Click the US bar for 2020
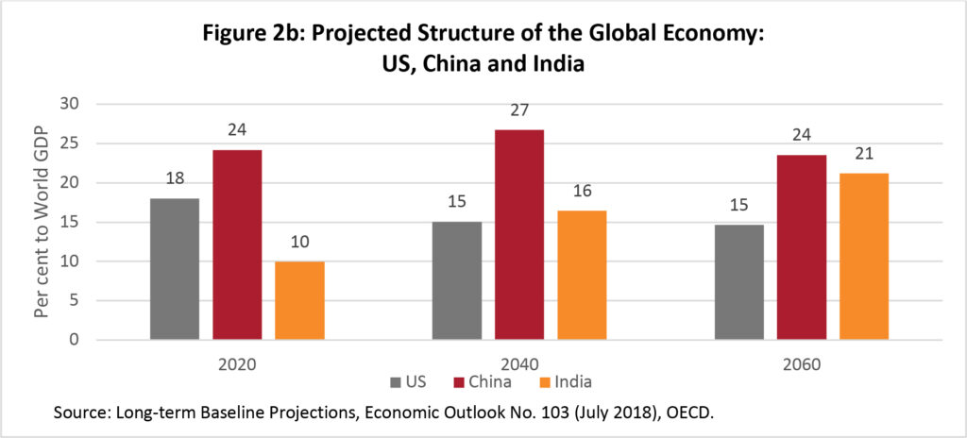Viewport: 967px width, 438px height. coord(175,269)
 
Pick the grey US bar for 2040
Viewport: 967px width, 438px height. coord(457,280)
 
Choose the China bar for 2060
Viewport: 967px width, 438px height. coord(801,247)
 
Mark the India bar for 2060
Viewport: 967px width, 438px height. coord(863,256)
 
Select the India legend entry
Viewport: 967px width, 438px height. coord(564,381)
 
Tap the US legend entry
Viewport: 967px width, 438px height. coord(408,381)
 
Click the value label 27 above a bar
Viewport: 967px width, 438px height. coord(518,111)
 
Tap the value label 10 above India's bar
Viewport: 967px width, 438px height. coord(299,244)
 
